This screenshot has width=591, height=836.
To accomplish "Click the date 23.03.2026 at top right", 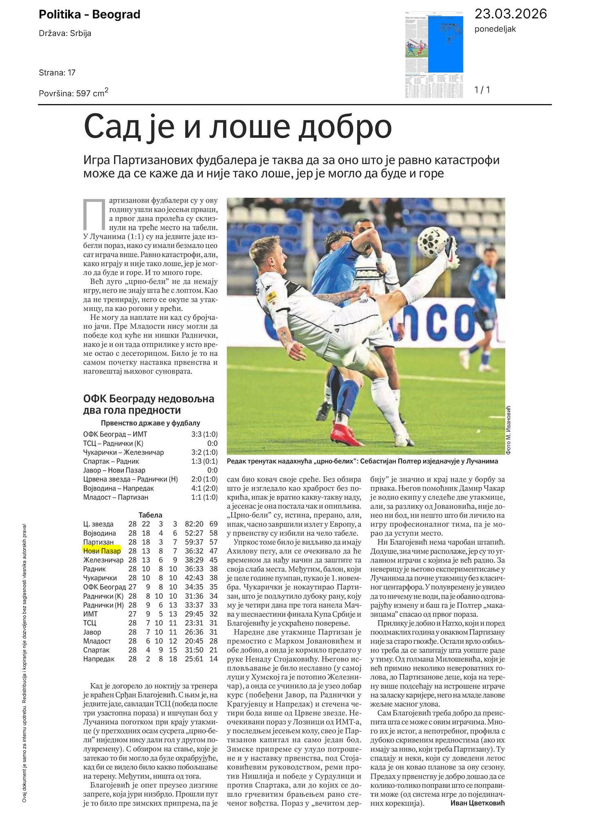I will pyautogui.click(x=510, y=14).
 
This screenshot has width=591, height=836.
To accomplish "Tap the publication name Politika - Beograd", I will pyautogui.click(x=89, y=15).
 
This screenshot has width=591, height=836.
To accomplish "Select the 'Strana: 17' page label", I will pyautogui.click(x=57, y=73).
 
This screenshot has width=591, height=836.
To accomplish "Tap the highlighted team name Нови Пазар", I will pyautogui.click(x=102, y=551).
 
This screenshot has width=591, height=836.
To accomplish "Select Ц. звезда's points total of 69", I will pyautogui.click(x=213, y=524).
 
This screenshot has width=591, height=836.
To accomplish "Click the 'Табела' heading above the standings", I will pyautogui.click(x=150, y=515).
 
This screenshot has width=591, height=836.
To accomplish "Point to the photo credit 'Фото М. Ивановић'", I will pyautogui.click(x=508, y=430).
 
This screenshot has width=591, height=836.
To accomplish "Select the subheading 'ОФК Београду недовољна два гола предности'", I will pyautogui.click(x=149, y=404).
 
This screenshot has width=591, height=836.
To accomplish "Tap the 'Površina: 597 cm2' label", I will pyautogui.click(x=74, y=93).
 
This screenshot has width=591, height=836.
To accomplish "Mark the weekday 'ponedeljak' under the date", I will pyautogui.click(x=495, y=29).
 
